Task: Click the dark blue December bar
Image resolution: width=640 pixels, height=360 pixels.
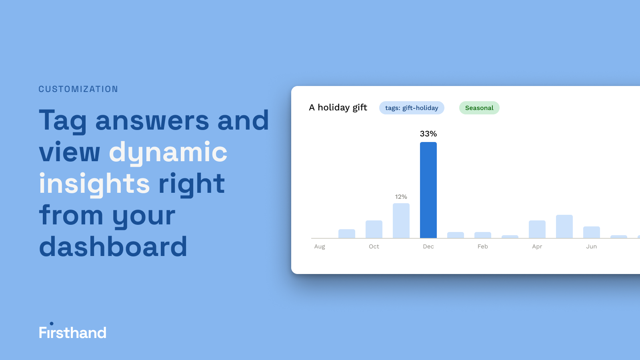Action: pos(428,190)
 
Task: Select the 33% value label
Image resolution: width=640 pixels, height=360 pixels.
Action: pos(428,134)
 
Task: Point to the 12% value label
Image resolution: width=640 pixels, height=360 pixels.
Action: pos(401,197)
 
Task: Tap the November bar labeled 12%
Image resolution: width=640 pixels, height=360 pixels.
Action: pos(401,220)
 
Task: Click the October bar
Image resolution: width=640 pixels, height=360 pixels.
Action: pos(374,229)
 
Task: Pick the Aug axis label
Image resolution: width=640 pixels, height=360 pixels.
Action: pos(320,246)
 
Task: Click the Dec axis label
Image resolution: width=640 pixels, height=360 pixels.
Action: pos(428,246)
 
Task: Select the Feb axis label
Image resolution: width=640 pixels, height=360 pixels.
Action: pos(482,246)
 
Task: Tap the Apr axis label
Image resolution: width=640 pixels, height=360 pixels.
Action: pos(537,246)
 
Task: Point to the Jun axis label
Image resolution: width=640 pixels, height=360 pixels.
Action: pos(592,246)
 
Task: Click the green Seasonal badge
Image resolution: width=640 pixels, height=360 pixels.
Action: pos(479,108)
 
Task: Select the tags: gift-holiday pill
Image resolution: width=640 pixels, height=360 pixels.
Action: pos(412,108)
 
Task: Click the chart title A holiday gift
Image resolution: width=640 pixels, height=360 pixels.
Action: pos(338,108)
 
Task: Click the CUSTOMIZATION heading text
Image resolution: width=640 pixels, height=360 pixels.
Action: pos(78,89)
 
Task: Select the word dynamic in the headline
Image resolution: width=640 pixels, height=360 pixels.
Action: pos(168,152)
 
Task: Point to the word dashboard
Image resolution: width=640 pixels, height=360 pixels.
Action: pos(113,246)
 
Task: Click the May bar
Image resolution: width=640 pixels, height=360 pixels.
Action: pos(564,226)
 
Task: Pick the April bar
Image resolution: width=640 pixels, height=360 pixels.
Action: pos(537,229)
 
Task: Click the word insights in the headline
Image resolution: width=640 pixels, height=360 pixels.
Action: pos(94,184)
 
